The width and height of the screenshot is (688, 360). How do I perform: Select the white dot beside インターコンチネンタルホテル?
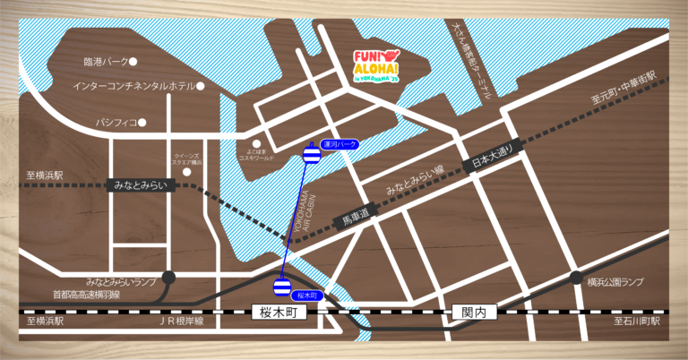pos(201,86)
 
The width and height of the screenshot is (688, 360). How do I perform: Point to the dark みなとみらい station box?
pos(141,185)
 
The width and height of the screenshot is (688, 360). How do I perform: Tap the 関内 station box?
pos(468,313)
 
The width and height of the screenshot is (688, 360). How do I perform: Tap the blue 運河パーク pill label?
pos(339,144)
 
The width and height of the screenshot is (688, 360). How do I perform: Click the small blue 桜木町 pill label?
pos(308,294)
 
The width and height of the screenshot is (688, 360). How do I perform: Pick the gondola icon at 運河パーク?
pos(311,155)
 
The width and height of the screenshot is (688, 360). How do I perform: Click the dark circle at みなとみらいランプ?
pos(168,278)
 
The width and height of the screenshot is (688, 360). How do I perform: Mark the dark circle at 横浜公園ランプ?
pos(576,278)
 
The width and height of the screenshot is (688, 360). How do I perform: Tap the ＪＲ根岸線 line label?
pos(182,321)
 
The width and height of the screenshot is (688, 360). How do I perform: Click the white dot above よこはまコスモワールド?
pos(256,142)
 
